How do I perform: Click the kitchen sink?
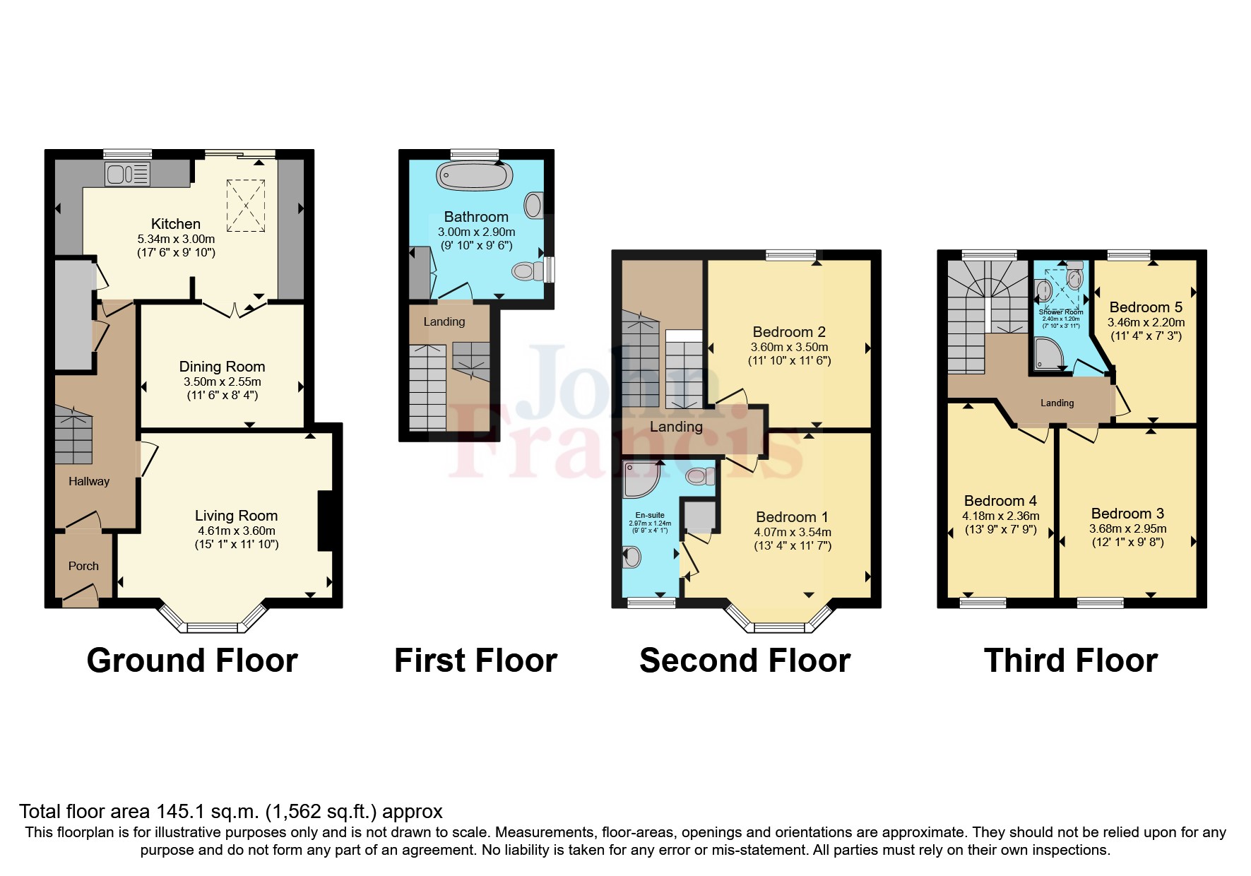click(127, 173)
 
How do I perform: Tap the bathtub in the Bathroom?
click(474, 175)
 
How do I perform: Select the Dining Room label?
click(222, 367)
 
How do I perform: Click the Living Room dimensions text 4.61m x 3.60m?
click(236, 531)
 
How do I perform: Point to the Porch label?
click(83, 566)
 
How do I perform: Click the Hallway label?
click(89, 481)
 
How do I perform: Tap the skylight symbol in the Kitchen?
click(246, 206)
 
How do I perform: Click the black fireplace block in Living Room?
click(325, 521)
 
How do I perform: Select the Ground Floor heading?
click(192, 661)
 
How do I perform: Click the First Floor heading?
click(475, 661)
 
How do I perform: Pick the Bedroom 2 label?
click(789, 332)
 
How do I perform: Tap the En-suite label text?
click(650, 516)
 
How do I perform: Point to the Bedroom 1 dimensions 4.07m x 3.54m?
click(793, 533)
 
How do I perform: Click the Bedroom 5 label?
click(1146, 307)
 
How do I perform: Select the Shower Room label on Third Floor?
click(1060, 312)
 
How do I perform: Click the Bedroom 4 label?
click(1000, 501)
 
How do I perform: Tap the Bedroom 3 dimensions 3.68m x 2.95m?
click(1127, 528)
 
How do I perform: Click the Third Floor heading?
click(1070, 661)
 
